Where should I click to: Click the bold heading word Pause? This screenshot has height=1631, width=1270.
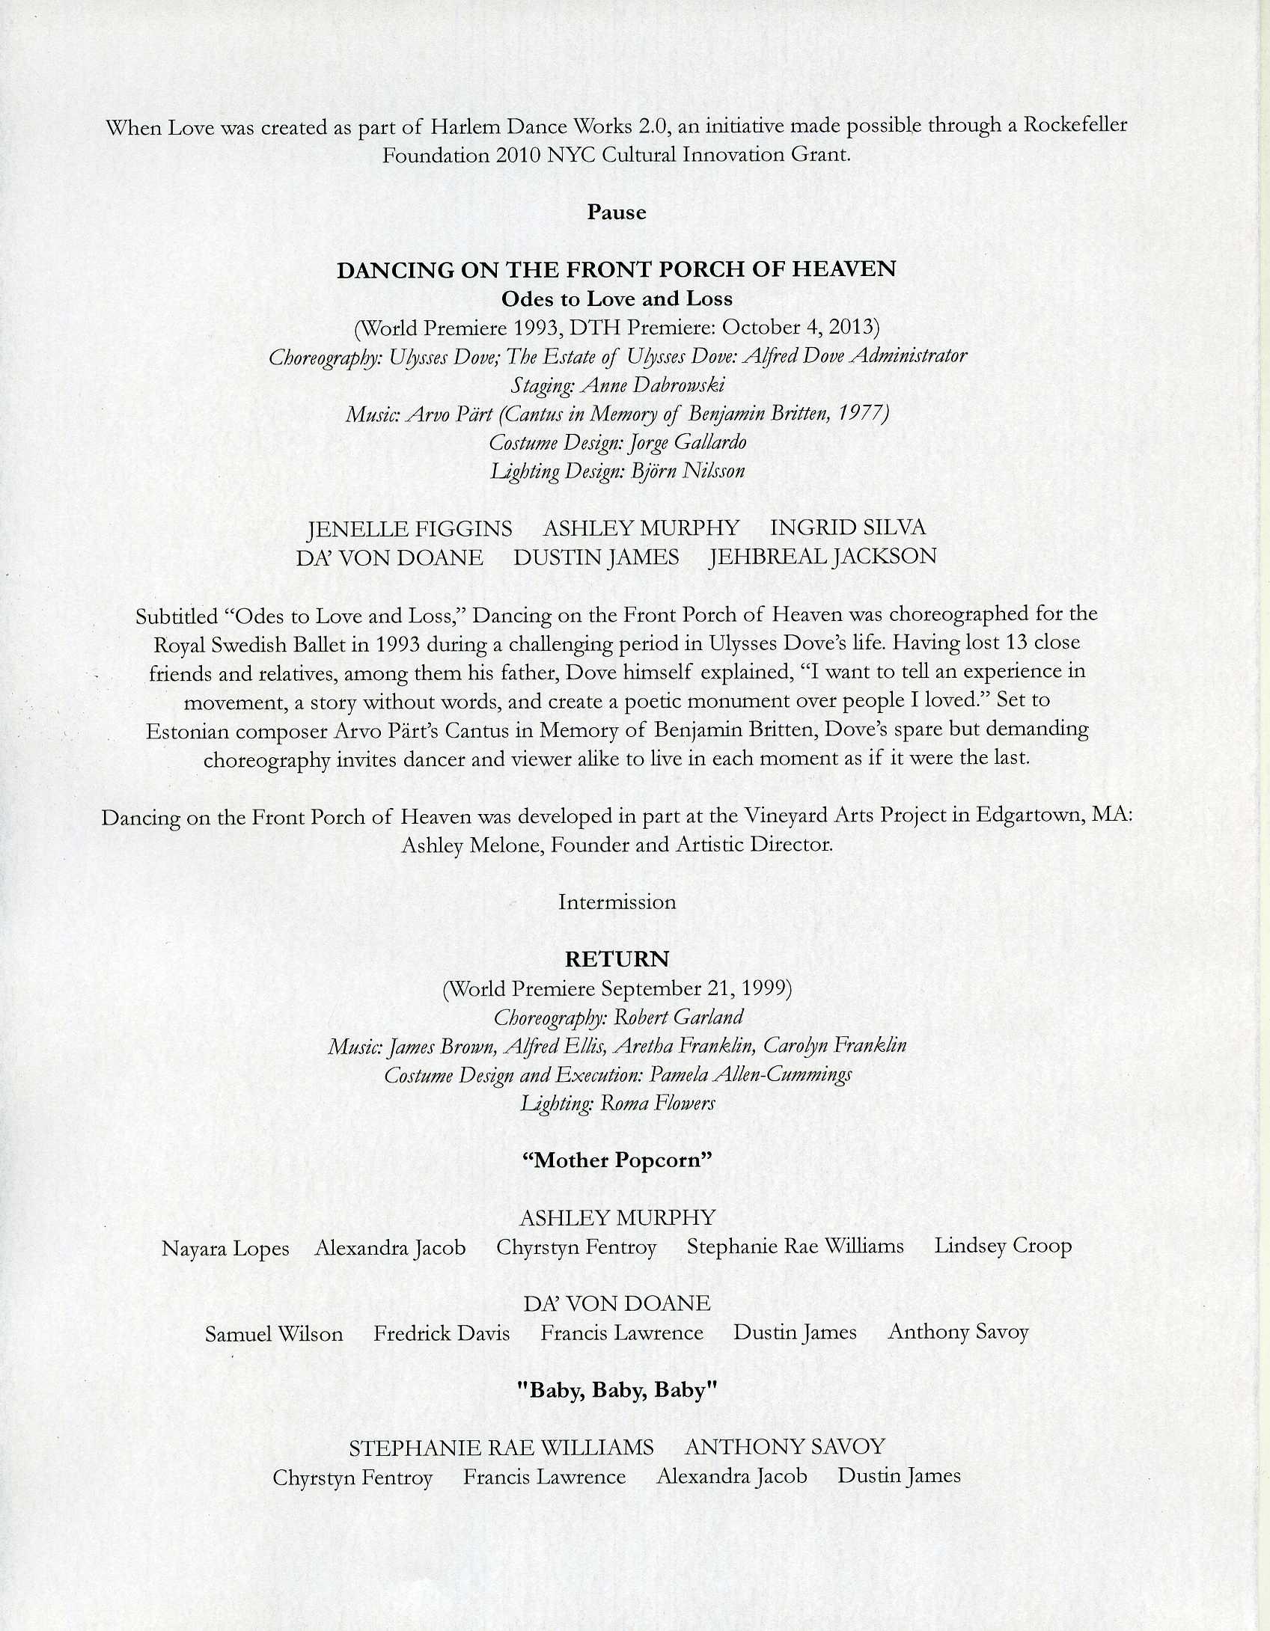tap(616, 212)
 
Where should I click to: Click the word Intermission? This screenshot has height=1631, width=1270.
tap(617, 902)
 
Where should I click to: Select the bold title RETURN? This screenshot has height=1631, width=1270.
tap(617, 958)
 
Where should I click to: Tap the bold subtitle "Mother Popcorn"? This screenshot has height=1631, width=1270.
tap(617, 1160)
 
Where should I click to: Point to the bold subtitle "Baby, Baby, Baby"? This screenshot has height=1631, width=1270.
tap(617, 1390)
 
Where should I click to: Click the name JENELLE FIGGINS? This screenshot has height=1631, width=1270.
tap(410, 529)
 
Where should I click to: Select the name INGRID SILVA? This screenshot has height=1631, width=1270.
tap(847, 527)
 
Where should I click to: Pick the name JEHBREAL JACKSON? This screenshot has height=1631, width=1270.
tap(822, 557)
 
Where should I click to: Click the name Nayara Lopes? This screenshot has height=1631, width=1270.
tap(225, 1249)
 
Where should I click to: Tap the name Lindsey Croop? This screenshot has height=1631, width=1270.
tap(1003, 1246)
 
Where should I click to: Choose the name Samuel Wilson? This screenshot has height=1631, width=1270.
tap(274, 1334)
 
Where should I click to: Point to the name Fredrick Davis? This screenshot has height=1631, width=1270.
tap(442, 1333)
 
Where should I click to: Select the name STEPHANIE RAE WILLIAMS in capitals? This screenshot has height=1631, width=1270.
tap(501, 1448)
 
